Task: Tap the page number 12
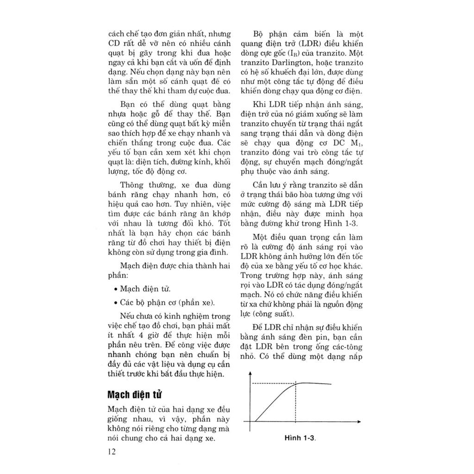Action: pos(112,452)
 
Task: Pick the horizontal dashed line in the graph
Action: pos(273,383)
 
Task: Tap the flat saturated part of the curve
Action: pos(317,383)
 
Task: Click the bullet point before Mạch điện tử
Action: pos(115,289)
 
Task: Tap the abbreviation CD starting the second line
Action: pos(115,44)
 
